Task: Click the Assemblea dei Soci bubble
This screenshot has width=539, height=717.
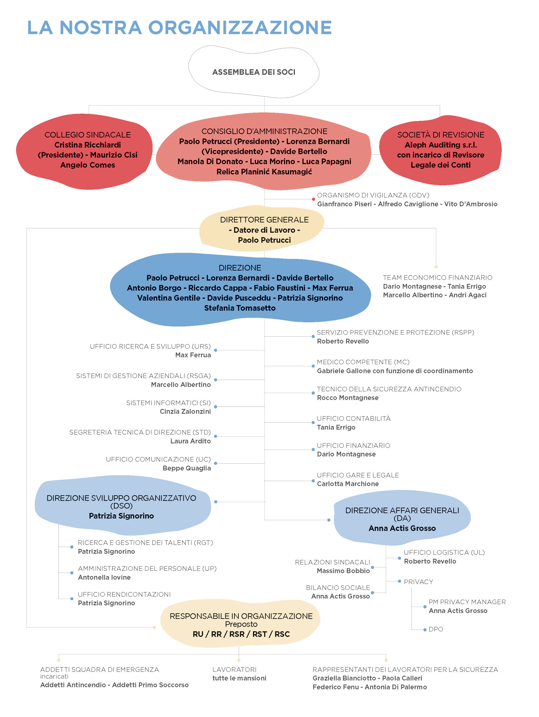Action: (254, 72)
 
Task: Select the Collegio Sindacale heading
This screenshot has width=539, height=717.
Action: (87, 135)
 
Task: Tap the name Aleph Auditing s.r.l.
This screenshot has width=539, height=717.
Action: (440, 145)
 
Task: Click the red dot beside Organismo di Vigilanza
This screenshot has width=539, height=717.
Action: (313, 199)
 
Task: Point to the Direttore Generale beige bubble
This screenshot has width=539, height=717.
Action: (264, 229)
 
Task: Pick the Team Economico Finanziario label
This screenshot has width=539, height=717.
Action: (437, 277)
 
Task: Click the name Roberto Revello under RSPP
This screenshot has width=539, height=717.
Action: (343, 341)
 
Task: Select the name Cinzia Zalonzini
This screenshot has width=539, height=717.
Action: (185, 412)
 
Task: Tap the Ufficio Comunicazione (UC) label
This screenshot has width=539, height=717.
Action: (158, 459)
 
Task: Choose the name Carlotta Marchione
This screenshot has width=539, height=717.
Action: (348, 484)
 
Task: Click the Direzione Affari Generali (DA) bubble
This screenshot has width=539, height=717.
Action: (402, 518)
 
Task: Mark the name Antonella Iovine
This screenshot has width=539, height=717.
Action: (104, 578)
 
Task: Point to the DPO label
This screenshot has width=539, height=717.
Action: (436, 630)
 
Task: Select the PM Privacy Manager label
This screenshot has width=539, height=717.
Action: (467, 602)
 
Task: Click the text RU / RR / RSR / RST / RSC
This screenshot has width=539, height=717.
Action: (241, 634)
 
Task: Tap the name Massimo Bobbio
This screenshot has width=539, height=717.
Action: (343, 571)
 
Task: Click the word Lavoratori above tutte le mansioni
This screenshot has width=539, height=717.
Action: (234, 670)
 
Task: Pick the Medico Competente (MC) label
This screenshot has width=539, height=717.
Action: (363, 362)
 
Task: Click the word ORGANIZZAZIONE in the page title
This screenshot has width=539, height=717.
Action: (240, 28)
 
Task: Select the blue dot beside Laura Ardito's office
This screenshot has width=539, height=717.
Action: (215, 436)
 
